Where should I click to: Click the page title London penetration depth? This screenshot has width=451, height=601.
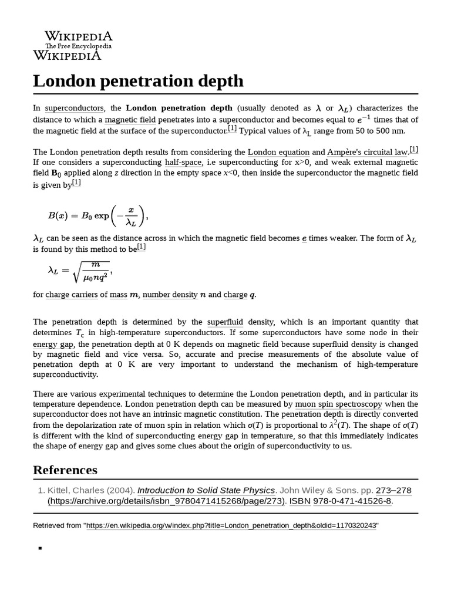click(x=138, y=80)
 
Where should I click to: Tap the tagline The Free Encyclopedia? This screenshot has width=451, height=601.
click(x=79, y=46)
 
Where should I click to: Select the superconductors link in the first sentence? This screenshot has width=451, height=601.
click(x=75, y=108)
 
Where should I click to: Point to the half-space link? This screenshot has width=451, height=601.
click(x=183, y=162)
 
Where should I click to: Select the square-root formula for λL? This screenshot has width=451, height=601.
click(x=79, y=271)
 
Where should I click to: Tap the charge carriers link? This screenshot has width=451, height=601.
click(x=72, y=295)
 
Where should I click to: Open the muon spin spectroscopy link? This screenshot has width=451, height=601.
click(x=338, y=404)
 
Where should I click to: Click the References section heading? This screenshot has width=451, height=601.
click(x=65, y=470)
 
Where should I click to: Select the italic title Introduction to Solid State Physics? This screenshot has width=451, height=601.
click(x=206, y=490)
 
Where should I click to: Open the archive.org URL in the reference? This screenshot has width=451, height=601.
click(x=166, y=501)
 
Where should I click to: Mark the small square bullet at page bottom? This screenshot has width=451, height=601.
click(x=40, y=548)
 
